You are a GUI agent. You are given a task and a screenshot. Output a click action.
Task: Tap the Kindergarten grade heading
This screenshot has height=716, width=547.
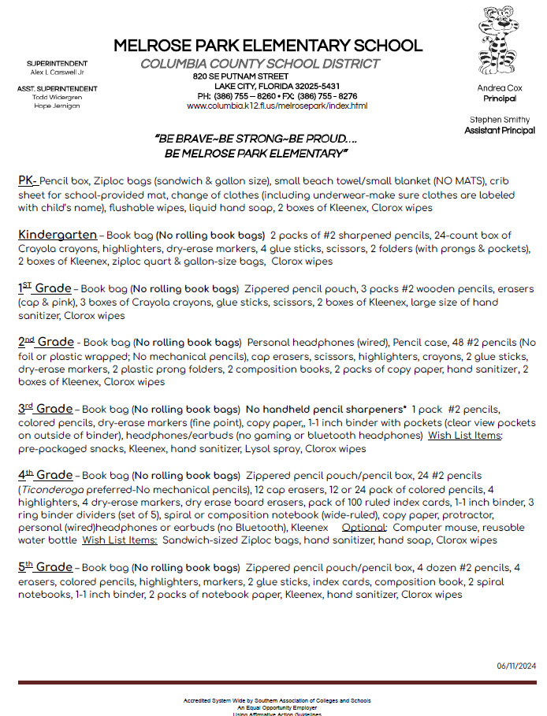[56, 235]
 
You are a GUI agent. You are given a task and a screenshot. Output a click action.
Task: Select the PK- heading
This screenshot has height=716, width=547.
[28, 180]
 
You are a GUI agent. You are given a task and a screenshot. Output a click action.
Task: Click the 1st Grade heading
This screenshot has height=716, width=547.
[45, 288]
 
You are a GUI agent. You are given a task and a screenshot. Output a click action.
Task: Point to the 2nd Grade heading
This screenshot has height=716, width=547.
[46, 342]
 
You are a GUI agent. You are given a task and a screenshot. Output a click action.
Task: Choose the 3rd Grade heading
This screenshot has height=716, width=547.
[45, 409]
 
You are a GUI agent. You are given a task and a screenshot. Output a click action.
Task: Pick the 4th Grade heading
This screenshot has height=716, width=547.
[45, 475]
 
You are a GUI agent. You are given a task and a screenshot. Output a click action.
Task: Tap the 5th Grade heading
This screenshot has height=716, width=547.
[45, 567]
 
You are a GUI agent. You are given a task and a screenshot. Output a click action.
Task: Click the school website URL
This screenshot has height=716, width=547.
[277, 106]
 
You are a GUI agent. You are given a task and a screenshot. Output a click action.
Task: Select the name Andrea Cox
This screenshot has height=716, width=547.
[500, 89]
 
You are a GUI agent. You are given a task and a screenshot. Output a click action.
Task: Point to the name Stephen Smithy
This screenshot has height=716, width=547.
[500, 120]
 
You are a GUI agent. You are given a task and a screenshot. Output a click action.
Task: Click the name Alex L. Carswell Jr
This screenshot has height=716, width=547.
[57, 72]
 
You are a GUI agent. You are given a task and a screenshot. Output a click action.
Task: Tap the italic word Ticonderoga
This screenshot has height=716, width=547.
[52, 488]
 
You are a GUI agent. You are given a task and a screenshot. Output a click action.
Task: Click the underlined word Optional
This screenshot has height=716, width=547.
[364, 527]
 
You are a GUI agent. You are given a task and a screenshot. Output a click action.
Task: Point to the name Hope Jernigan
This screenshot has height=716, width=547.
[57, 106]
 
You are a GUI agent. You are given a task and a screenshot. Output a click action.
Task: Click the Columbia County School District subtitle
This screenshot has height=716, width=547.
[259, 64]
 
